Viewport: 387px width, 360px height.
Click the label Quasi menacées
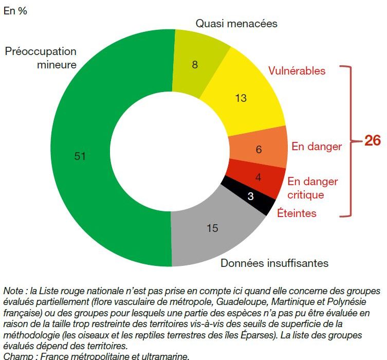click(x=236, y=24)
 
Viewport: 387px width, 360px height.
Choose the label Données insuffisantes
click(x=274, y=263)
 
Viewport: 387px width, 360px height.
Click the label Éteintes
click(x=297, y=213)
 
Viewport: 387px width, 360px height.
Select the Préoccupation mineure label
click(x=41, y=58)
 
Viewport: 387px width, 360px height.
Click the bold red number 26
click(x=372, y=140)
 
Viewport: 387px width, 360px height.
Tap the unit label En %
click(x=15, y=11)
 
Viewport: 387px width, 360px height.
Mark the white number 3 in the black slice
click(x=250, y=196)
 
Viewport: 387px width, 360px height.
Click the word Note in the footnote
click(x=13, y=291)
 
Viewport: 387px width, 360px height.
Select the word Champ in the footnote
click(x=16, y=356)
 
